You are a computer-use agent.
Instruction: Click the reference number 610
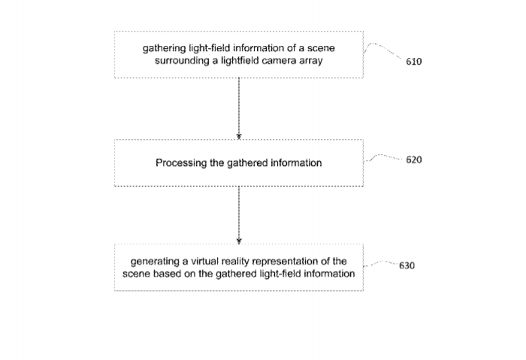pos(413,62)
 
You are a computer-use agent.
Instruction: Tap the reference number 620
pos(413,159)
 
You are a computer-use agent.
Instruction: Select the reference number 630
pos(407,266)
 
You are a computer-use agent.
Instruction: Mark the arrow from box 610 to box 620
pos(239,108)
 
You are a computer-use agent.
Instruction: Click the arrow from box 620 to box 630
pos(239,215)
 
